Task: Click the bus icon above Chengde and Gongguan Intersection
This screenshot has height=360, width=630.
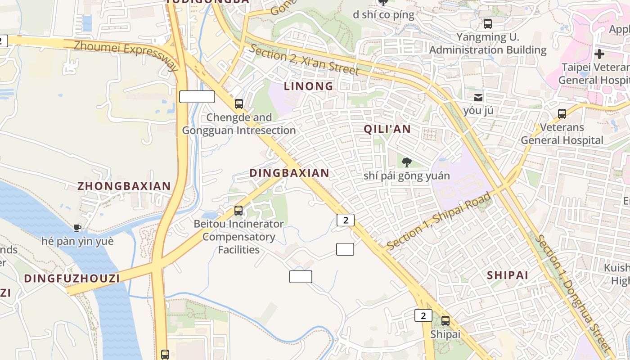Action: (x=239, y=104)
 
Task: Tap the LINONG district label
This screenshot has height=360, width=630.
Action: (x=309, y=86)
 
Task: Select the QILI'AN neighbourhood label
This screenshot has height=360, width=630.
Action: (x=387, y=129)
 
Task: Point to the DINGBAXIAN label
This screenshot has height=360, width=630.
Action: (x=289, y=173)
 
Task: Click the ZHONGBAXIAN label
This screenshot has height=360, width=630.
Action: (x=124, y=186)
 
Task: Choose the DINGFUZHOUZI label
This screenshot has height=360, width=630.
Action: (x=72, y=278)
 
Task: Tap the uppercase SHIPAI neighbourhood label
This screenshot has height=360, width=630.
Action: (x=508, y=275)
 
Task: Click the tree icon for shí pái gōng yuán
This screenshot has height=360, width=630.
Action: (x=407, y=162)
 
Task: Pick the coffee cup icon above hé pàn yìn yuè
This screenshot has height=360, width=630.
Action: (x=77, y=228)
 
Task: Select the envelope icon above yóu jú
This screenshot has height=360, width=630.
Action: (x=478, y=97)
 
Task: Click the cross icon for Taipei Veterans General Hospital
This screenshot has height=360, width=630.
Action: (x=599, y=54)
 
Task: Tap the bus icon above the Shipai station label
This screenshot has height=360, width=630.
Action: (x=445, y=321)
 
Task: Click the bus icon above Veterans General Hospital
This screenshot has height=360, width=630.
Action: (x=562, y=114)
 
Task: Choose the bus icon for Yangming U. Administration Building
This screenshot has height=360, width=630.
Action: (x=487, y=24)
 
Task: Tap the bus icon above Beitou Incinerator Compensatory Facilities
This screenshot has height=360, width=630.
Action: (x=238, y=210)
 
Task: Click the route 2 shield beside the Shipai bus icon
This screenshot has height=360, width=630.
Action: (x=423, y=315)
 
